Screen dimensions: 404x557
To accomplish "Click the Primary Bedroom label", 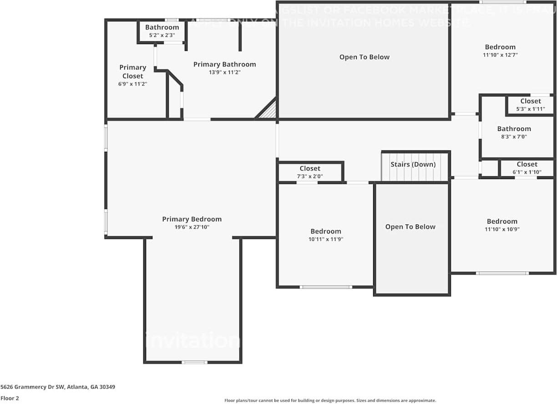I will (x=192, y=219).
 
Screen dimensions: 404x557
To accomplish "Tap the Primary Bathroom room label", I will (x=224, y=65).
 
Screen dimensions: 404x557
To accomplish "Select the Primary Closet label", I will (x=132, y=72).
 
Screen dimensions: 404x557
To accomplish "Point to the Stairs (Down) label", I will (x=413, y=165).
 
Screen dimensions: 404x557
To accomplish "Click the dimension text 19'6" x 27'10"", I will (x=192, y=227).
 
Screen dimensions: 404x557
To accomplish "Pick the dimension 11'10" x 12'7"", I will (x=500, y=55).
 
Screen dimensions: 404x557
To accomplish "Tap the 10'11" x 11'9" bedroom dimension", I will (x=325, y=239).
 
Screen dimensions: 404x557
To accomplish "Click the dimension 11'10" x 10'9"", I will (x=502, y=229).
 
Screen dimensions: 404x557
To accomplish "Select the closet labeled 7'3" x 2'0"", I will (x=310, y=172).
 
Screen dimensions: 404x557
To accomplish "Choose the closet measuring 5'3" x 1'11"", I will (x=531, y=105).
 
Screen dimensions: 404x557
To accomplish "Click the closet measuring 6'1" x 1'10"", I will (x=527, y=168).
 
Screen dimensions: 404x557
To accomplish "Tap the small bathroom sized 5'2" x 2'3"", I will (x=162, y=31).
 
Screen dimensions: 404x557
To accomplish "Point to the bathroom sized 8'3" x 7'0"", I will (x=514, y=132).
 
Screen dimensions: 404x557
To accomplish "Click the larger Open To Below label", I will (x=365, y=57).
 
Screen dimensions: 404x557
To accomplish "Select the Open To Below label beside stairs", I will (x=410, y=227).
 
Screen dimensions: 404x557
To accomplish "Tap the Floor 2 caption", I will (x=10, y=398).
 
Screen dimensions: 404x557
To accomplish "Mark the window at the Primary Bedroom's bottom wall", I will (x=194, y=362).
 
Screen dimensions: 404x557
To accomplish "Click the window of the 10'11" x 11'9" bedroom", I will (x=326, y=287).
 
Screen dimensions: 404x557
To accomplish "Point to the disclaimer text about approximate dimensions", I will (x=330, y=400).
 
